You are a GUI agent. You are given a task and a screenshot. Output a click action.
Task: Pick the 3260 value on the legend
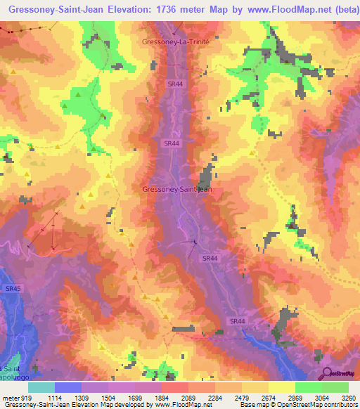(x=348, y=397)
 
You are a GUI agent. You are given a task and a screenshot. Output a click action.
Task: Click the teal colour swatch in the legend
(x=41, y=387)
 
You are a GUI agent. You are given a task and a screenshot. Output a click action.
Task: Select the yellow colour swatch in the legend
(x=281, y=387)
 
